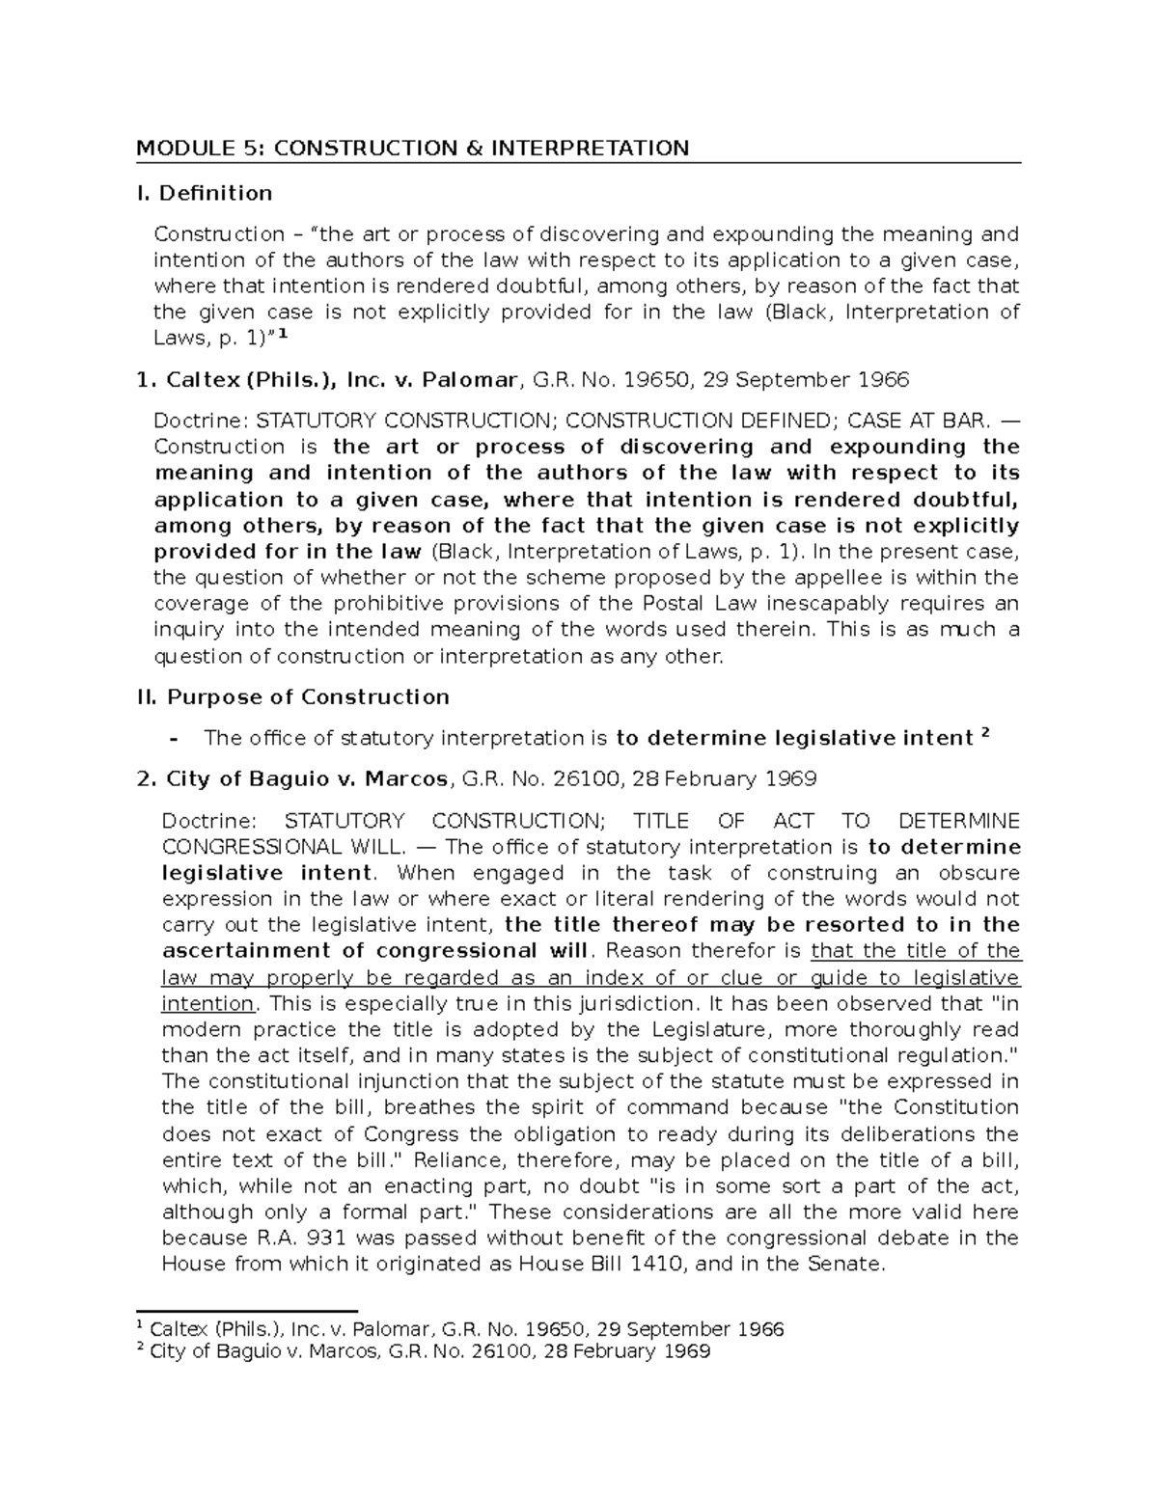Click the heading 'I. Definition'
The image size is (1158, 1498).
[x=204, y=193]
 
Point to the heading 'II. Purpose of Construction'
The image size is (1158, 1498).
[x=293, y=696]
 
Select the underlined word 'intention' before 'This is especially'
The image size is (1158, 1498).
[x=207, y=1003]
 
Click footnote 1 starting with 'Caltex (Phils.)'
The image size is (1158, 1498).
[x=463, y=1329]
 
